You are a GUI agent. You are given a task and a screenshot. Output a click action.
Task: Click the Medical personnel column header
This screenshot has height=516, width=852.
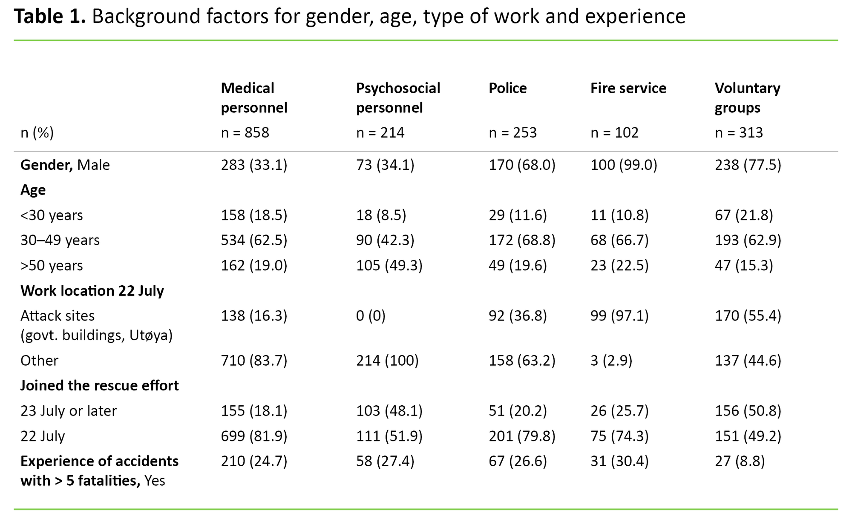pos(254,97)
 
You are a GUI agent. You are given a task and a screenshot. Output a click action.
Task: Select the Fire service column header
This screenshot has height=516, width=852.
pos(628,88)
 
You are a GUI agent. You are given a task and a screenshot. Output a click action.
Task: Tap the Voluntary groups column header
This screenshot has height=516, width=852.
pos(747,97)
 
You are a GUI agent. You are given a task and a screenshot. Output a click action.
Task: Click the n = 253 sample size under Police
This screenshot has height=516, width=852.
pos(512,132)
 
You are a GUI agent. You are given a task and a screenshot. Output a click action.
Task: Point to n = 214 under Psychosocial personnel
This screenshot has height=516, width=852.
pos(380,132)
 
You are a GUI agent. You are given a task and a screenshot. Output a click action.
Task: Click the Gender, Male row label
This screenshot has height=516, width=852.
pos(65,165)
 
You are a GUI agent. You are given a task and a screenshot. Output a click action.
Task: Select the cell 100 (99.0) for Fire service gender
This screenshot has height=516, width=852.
pos(624,165)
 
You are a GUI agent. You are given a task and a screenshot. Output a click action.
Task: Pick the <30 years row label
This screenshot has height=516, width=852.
pos(52,215)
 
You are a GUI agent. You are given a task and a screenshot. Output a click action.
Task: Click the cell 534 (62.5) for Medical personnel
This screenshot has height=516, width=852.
pos(254,240)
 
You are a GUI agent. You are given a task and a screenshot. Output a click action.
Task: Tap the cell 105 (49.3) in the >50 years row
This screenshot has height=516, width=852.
pos(389,265)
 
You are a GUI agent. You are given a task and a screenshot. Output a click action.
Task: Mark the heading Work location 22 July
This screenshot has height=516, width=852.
pos(92,291)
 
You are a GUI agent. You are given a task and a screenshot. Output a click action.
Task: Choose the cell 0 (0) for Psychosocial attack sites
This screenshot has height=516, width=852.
pos(371,316)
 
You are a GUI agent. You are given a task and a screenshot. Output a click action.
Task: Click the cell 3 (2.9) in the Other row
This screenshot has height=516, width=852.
pos(611,361)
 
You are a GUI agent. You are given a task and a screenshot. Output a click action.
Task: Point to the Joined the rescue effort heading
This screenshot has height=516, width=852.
pos(99,385)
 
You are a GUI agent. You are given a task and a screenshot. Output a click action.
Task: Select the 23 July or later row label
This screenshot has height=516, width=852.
pos(69,411)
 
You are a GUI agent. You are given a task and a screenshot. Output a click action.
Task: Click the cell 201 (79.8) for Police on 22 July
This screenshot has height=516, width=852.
pos(522,436)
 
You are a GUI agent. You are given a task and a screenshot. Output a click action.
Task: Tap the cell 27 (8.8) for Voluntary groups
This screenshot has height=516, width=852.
pos(740,461)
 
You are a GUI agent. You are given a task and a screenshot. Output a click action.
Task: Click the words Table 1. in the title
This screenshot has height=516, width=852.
pos(50,17)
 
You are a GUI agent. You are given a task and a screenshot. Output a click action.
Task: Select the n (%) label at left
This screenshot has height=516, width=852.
pos(37,133)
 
